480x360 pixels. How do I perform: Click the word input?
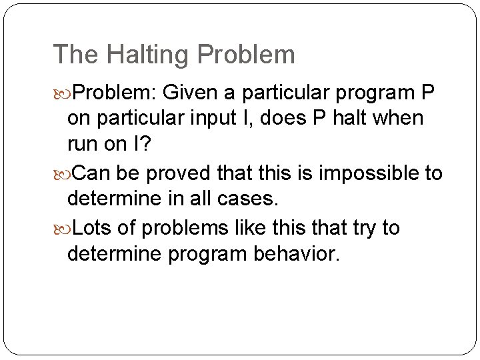219,119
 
